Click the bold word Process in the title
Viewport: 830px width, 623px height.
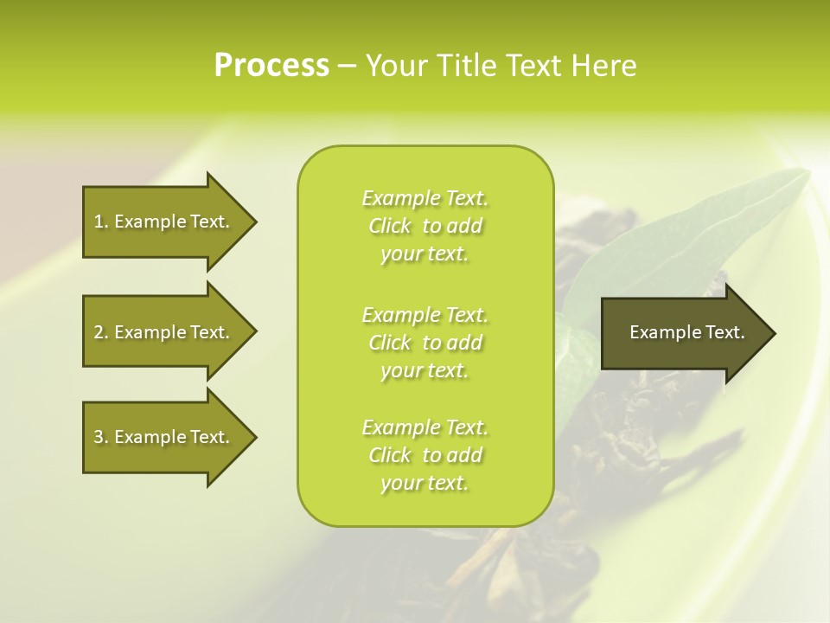pyautogui.click(x=271, y=66)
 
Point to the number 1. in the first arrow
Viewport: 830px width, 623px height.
pyautogui.click(x=100, y=222)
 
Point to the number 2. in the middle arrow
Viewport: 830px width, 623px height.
pyautogui.click(x=100, y=332)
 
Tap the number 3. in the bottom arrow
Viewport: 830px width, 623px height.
pyautogui.click(x=100, y=438)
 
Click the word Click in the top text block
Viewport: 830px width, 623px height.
pyautogui.click(x=390, y=227)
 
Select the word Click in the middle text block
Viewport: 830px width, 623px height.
pyautogui.click(x=390, y=343)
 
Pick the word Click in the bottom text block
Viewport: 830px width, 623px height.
pyautogui.click(x=390, y=455)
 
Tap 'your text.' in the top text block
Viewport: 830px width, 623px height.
pyautogui.click(x=425, y=254)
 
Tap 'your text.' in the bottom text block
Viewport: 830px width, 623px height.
pyautogui.click(x=425, y=483)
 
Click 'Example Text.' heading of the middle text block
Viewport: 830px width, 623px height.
pyautogui.click(x=425, y=314)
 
